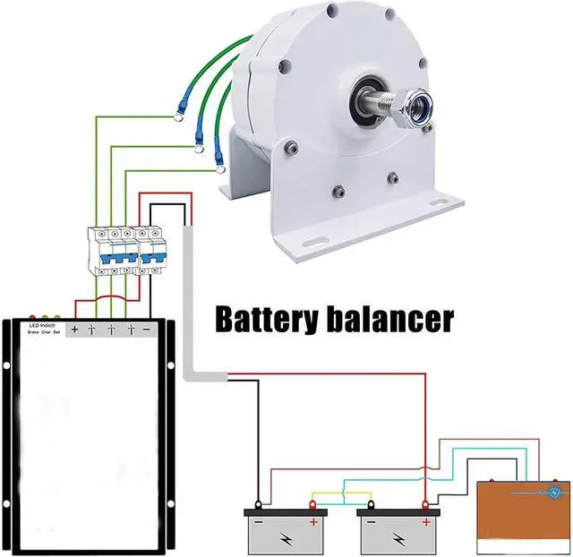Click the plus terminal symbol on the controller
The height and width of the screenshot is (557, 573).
pyautogui.click(x=74, y=330)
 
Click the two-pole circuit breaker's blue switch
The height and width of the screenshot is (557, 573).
pyautogui.click(x=154, y=253)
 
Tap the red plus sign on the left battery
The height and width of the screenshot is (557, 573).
pyautogui.click(x=313, y=521)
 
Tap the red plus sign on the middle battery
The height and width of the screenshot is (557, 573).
pyautogui.click(x=426, y=521)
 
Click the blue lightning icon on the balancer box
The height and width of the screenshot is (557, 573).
pyautogui.click(x=556, y=493)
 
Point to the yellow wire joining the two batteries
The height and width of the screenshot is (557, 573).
pyautogui.click(x=340, y=494)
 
